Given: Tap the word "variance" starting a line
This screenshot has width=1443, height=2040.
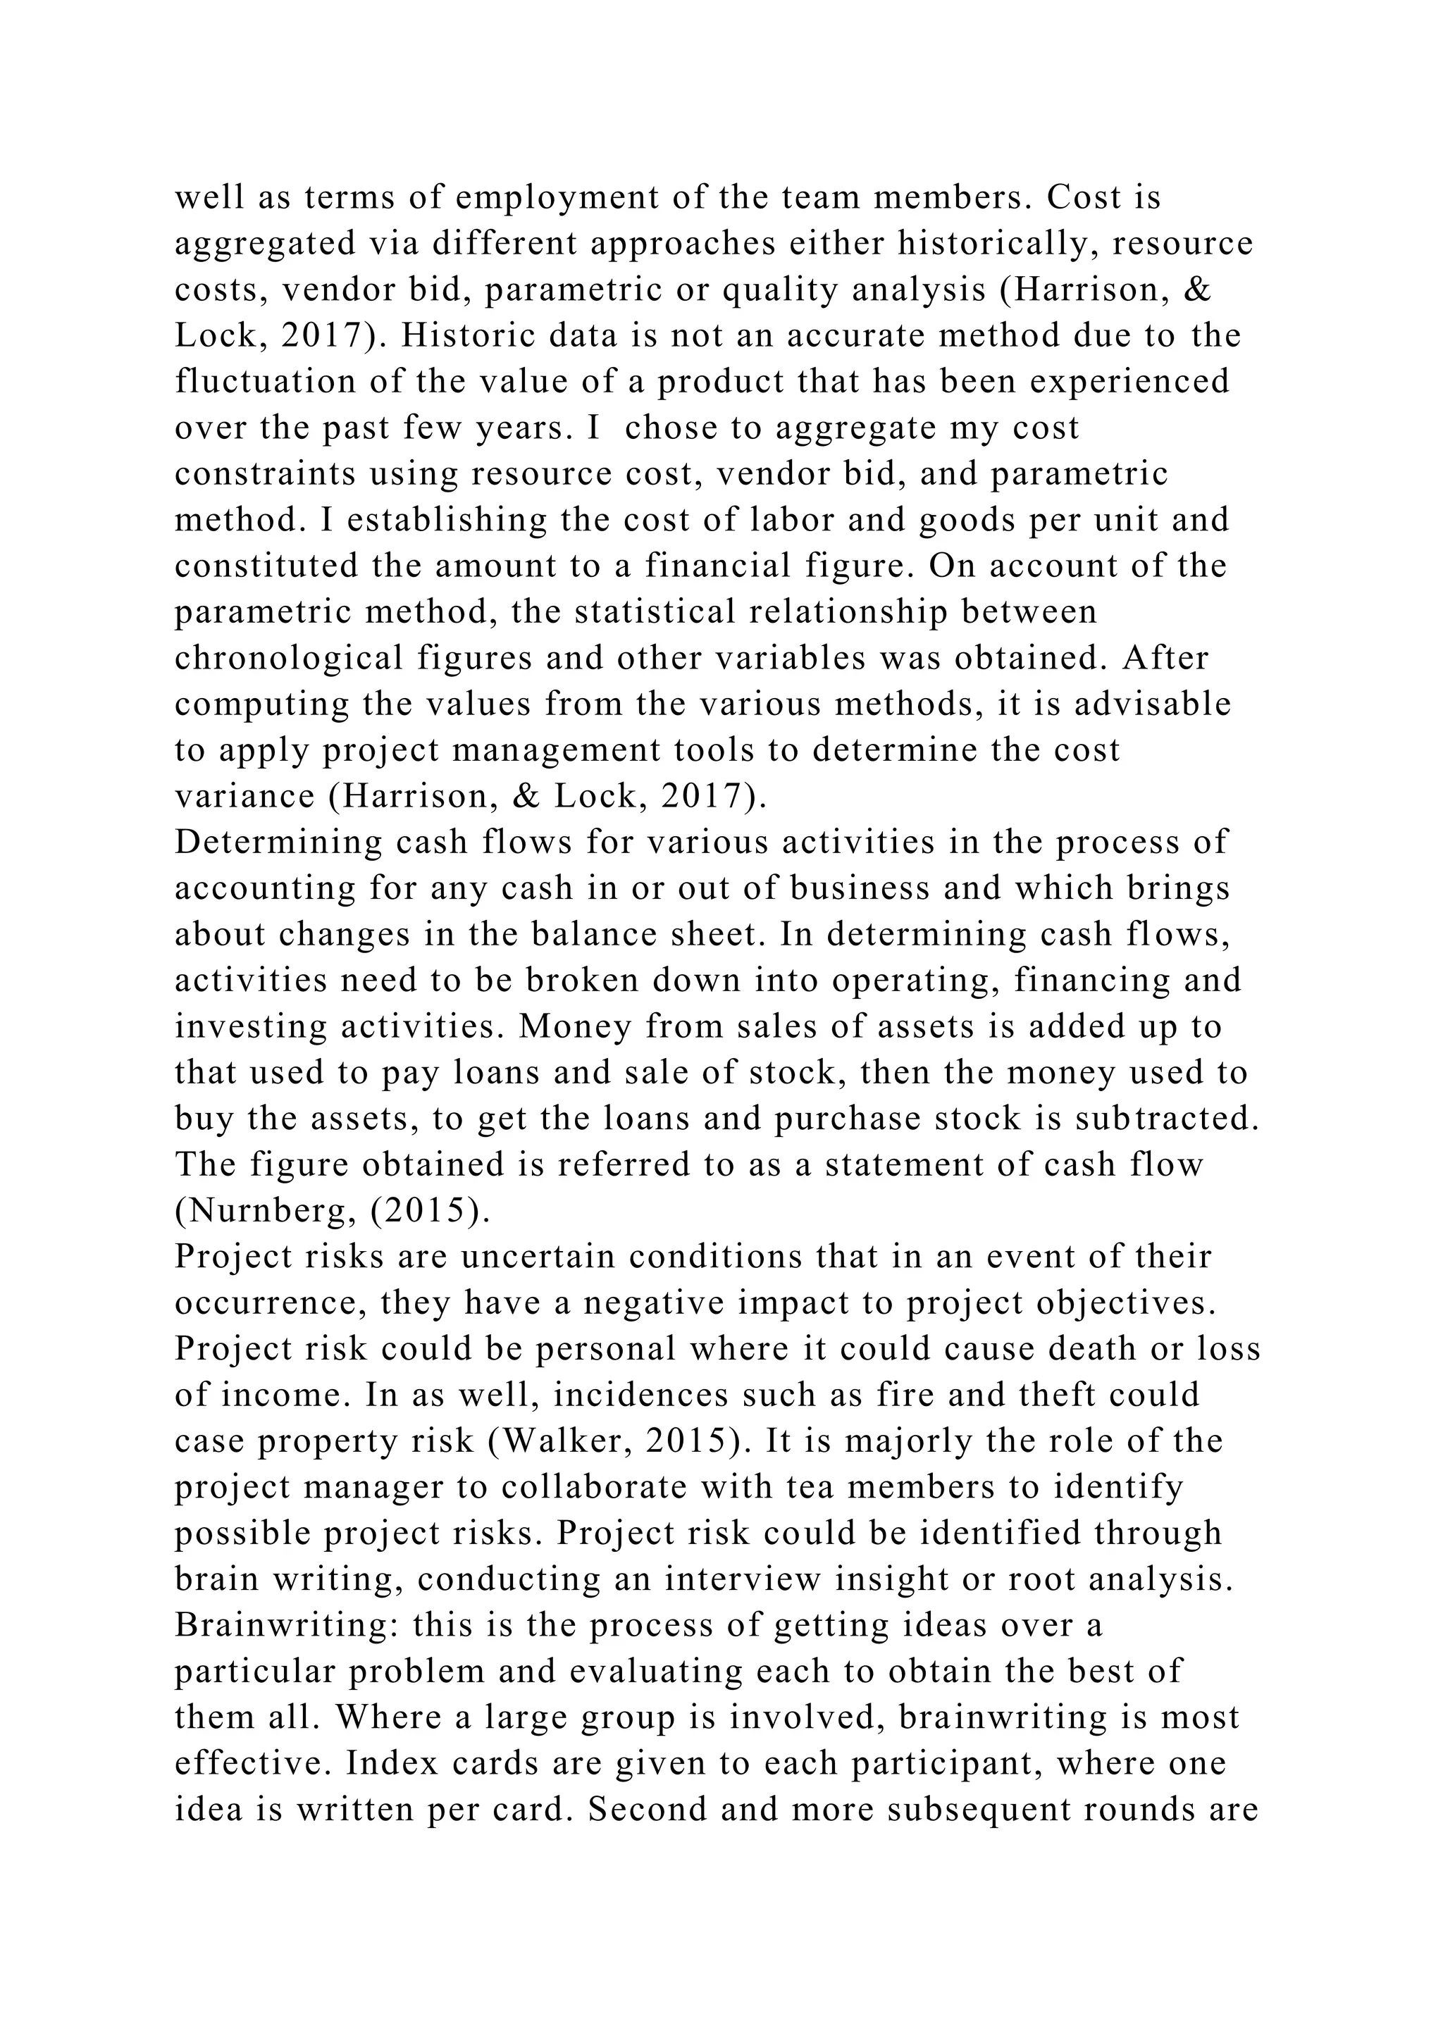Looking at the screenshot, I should pos(244,796).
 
